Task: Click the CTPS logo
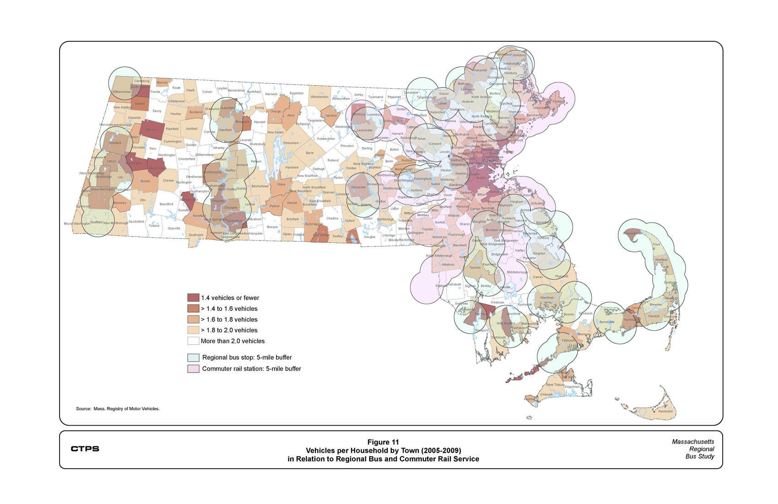click(85, 449)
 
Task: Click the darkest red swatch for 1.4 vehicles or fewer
click(193, 298)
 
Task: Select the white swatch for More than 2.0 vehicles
click(193, 341)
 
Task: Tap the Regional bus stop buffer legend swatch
click(193, 357)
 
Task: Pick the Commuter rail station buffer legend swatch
click(193, 368)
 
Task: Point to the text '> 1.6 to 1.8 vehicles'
click(229, 319)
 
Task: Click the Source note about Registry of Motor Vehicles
click(118, 409)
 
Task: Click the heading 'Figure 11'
click(383, 442)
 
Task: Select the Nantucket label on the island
click(665, 411)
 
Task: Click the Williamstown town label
click(122, 92)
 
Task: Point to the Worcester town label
click(358, 187)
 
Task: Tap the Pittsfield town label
click(115, 143)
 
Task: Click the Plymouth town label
click(561, 276)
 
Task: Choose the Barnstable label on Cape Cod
click(607, 322)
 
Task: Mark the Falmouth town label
click(568, 340)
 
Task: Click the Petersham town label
click(291, 143)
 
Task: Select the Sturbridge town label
click(312, 224)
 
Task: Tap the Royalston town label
click(297, 93)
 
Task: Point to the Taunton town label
click(475, 268)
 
